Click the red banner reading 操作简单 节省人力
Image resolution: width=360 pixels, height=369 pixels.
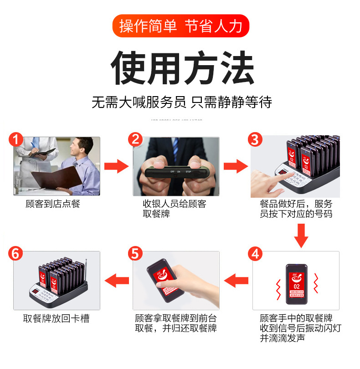click(180, 26)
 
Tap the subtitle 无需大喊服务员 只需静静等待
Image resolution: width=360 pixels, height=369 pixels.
click(181, 102)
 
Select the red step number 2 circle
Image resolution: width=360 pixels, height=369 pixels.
click(135, 139)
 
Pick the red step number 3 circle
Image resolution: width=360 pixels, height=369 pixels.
click(255, 139)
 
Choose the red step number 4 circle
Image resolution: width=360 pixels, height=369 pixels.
click(255, 254)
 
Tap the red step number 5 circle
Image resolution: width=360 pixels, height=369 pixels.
click(135, 254)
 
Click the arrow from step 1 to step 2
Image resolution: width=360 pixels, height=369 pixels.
click(117, 166)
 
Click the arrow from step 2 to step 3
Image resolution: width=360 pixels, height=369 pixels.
click(235, 166)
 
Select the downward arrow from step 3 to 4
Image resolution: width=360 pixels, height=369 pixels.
click(301, 236)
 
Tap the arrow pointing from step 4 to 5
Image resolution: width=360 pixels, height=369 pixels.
click(236, 281)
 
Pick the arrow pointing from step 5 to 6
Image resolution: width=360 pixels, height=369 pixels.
click(117, 281)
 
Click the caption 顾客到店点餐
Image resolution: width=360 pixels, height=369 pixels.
click(53, 204)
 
